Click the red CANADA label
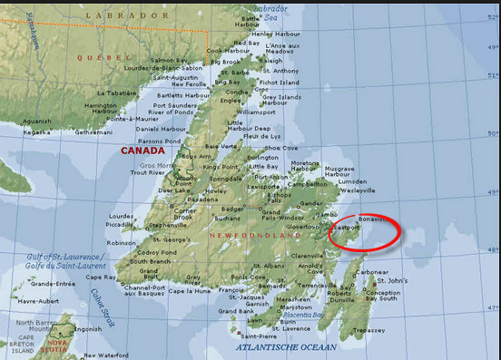(143, 151)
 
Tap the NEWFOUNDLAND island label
(256, 235)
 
